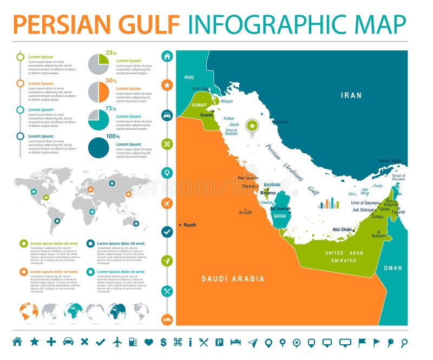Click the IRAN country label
pos(351,95)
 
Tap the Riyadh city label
pos(189,225)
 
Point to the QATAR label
pos(279,215)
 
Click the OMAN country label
pos(393,268)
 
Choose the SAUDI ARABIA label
pos(233,279)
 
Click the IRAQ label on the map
pos(188,77)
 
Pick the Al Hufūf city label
pos(246,213)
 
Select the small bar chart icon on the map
pos(328,204)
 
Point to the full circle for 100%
pos(99,147)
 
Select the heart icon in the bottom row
pos(149,342)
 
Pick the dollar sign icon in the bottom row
pos(163,342)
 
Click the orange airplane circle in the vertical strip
pos(167,203)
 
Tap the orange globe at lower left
pos(29,311)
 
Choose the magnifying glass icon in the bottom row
pos(404,342)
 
